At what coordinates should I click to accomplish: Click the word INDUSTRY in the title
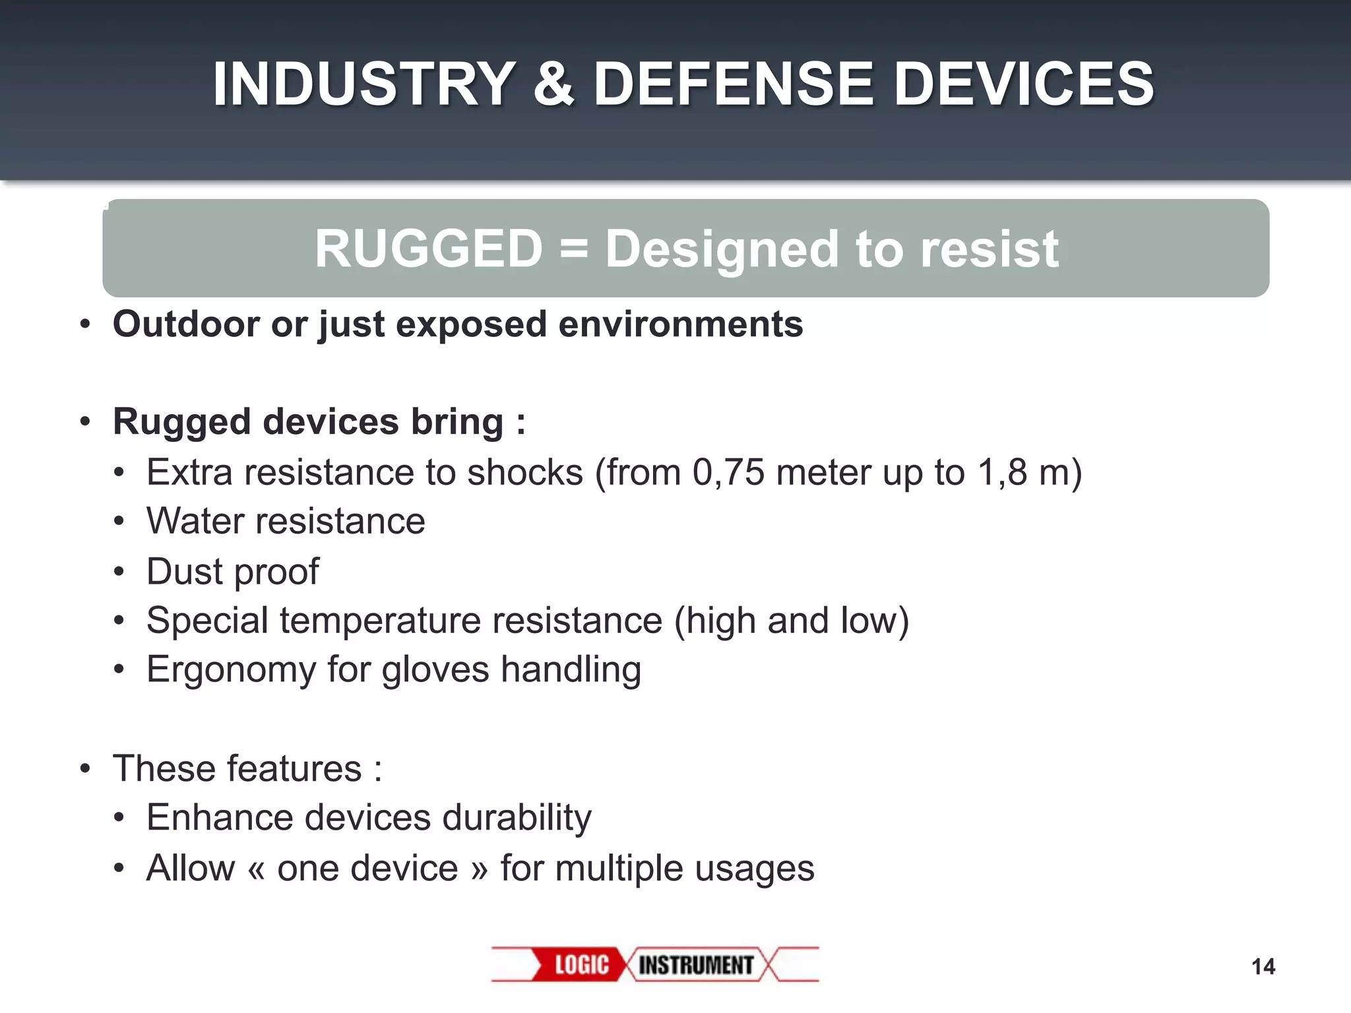point(363,84)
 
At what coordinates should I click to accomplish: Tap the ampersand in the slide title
point(553,84)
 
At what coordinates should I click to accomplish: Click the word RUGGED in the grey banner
point(428,249)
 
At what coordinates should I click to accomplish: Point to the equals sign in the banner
point(573,250)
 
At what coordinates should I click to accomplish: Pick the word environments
point(681,324)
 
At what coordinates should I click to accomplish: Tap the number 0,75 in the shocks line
point(728,472)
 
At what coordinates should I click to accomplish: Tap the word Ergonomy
point(231,670)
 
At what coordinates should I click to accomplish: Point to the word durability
point(517,818)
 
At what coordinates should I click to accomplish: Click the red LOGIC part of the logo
point(581,965)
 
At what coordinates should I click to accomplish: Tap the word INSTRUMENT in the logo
point(696,965)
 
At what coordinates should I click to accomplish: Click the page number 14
point(1263,967)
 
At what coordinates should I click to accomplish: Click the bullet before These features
point(84,769)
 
